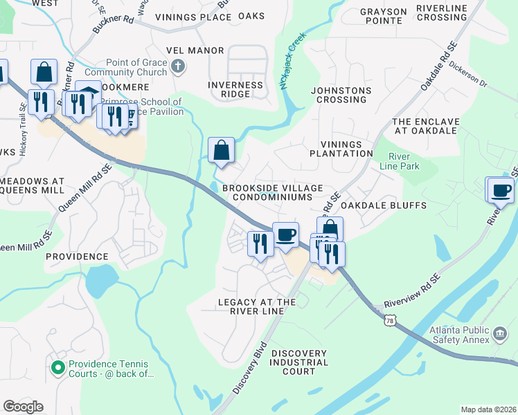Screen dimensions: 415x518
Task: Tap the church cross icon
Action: click(179, 66)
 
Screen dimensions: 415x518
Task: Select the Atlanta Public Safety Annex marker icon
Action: click(499, 334)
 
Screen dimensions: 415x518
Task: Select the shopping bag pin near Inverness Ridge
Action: click(221, 150)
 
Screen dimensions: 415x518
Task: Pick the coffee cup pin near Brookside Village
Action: click(285, 234)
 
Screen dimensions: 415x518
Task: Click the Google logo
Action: click(23, 407)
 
